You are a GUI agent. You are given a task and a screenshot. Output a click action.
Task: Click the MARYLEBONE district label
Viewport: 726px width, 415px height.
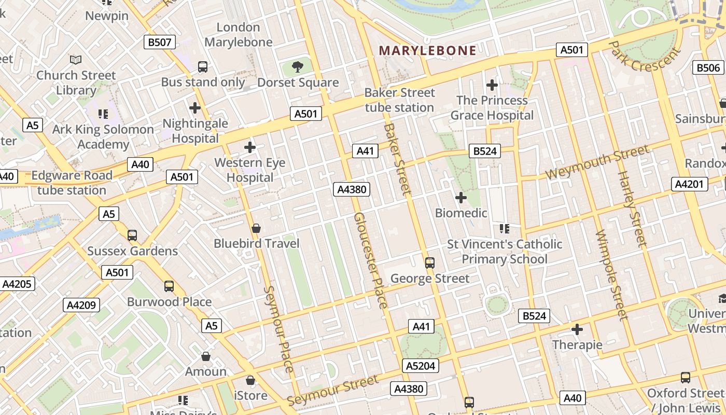pyautogui.click(x=428, y=50)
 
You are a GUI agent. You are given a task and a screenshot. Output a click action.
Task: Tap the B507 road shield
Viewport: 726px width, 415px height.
pyautogui.click(x=159, y=43)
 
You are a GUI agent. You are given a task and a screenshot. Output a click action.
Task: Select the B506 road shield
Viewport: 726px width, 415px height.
pyautogui.click(x=708, y=67)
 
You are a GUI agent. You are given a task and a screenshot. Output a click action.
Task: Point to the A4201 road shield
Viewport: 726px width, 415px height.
pyautogui.click(x=689, y=184)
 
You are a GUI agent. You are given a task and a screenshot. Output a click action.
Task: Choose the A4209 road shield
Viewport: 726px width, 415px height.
pyautogui.click(x=81, y=305)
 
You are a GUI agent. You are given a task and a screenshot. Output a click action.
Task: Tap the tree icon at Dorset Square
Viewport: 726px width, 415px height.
pyautogui.click(x=298, y=66)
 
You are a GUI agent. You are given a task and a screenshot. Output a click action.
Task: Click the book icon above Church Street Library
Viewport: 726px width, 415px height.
pyautogui.click(x=76, y=60)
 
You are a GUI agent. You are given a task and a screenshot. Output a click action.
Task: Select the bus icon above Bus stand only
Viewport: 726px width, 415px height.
pyautogui.click(x=203, y=66)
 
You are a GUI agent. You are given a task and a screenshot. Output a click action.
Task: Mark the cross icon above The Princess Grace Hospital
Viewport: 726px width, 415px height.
pyautogui.click(x=492, y=85)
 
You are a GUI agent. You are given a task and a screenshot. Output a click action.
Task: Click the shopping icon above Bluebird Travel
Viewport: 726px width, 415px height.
pyautogui.click(x=256, y=228)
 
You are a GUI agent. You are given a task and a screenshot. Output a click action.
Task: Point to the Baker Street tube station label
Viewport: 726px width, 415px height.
pyautogui.click(x=399, y=100)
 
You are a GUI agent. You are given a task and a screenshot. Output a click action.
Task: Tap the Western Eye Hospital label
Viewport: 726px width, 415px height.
pyautogui.click(x=250, y=170)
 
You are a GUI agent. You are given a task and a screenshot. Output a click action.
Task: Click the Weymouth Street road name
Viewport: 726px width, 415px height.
pyautogui.click(x=597, y=162)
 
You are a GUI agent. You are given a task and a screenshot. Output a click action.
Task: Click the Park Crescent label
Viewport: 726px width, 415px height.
pyautogui.click(x=644, y=56)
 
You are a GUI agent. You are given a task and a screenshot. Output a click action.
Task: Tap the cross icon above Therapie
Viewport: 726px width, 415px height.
pyautogui.click(x=577, y=329)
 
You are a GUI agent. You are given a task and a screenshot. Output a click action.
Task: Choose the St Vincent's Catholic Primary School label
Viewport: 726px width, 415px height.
pyautogui.click(x=505, y=252)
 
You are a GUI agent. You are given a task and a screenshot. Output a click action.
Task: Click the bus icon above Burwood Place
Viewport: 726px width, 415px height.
pyautogui.click(x=169, y=286)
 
